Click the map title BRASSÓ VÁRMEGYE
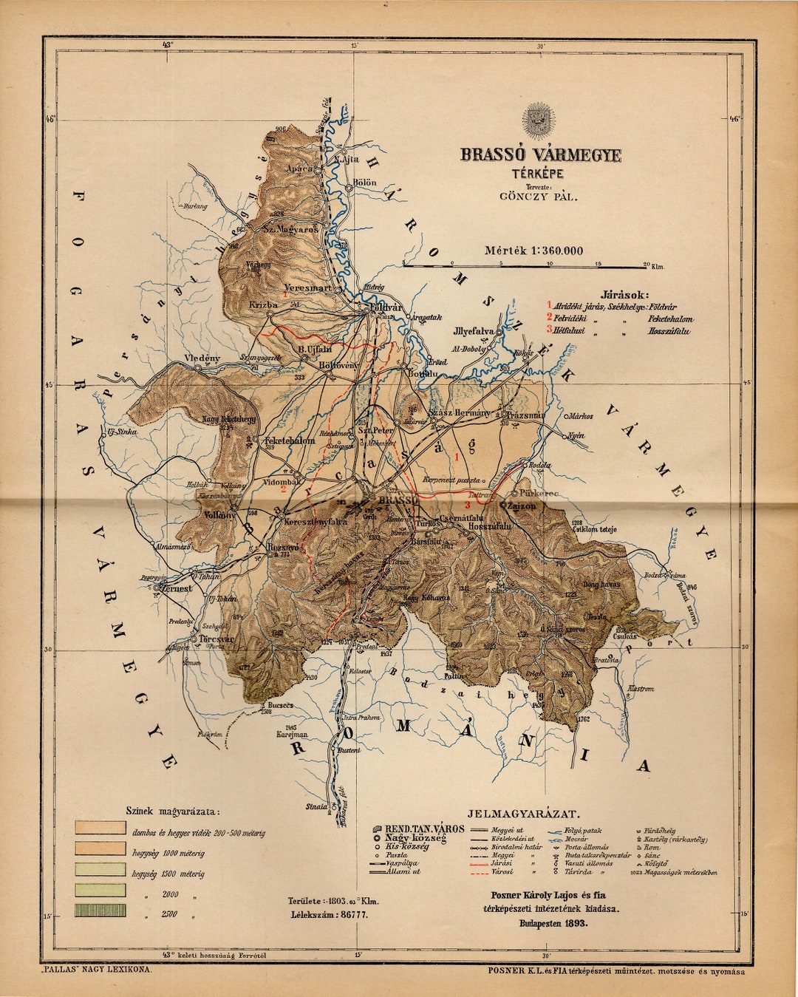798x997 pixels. pos(541,155)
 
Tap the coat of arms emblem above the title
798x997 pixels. pos(538,118)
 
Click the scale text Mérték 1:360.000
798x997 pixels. pos(533,251)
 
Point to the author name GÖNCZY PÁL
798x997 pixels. pos(539,197)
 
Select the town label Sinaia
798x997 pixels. pos(313,807)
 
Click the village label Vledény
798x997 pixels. pos(202,358)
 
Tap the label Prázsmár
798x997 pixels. pos(522,415)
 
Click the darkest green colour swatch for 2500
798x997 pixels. pos(100,910)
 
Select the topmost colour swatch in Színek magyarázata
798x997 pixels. pos(100,827)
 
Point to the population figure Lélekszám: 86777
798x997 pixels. pos(330,914)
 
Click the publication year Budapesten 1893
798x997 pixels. pos(553,923)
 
